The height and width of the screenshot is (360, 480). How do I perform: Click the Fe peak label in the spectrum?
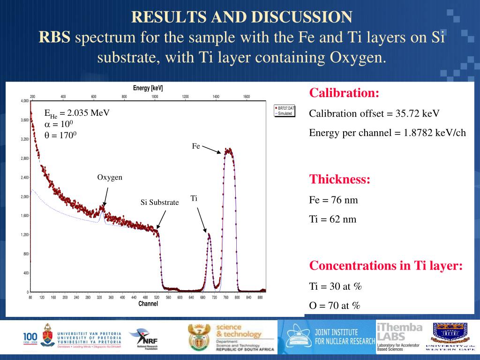196,146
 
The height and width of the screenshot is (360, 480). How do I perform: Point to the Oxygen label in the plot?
110,177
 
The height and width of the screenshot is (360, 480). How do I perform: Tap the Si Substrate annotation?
160,202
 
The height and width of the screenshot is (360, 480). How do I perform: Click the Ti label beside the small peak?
194,198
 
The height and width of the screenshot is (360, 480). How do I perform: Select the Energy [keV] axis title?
148,88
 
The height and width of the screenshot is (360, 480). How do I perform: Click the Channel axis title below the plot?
148,304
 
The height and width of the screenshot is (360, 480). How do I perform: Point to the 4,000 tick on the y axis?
24,101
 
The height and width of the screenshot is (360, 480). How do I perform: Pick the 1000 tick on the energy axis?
155,97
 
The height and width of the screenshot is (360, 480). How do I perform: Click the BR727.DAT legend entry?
285,108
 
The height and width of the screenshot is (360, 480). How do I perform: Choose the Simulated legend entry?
285,113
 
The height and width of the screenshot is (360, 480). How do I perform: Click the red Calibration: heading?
344,93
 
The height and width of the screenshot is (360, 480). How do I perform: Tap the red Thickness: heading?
340,180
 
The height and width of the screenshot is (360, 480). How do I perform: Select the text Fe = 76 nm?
333,200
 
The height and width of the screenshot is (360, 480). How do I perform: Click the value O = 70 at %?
334,306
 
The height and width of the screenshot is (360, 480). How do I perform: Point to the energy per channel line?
387,133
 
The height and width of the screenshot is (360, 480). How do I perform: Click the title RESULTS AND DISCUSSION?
241,17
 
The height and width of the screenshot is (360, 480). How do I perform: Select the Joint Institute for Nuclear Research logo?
328,337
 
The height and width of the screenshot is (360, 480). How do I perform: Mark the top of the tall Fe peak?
228,150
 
